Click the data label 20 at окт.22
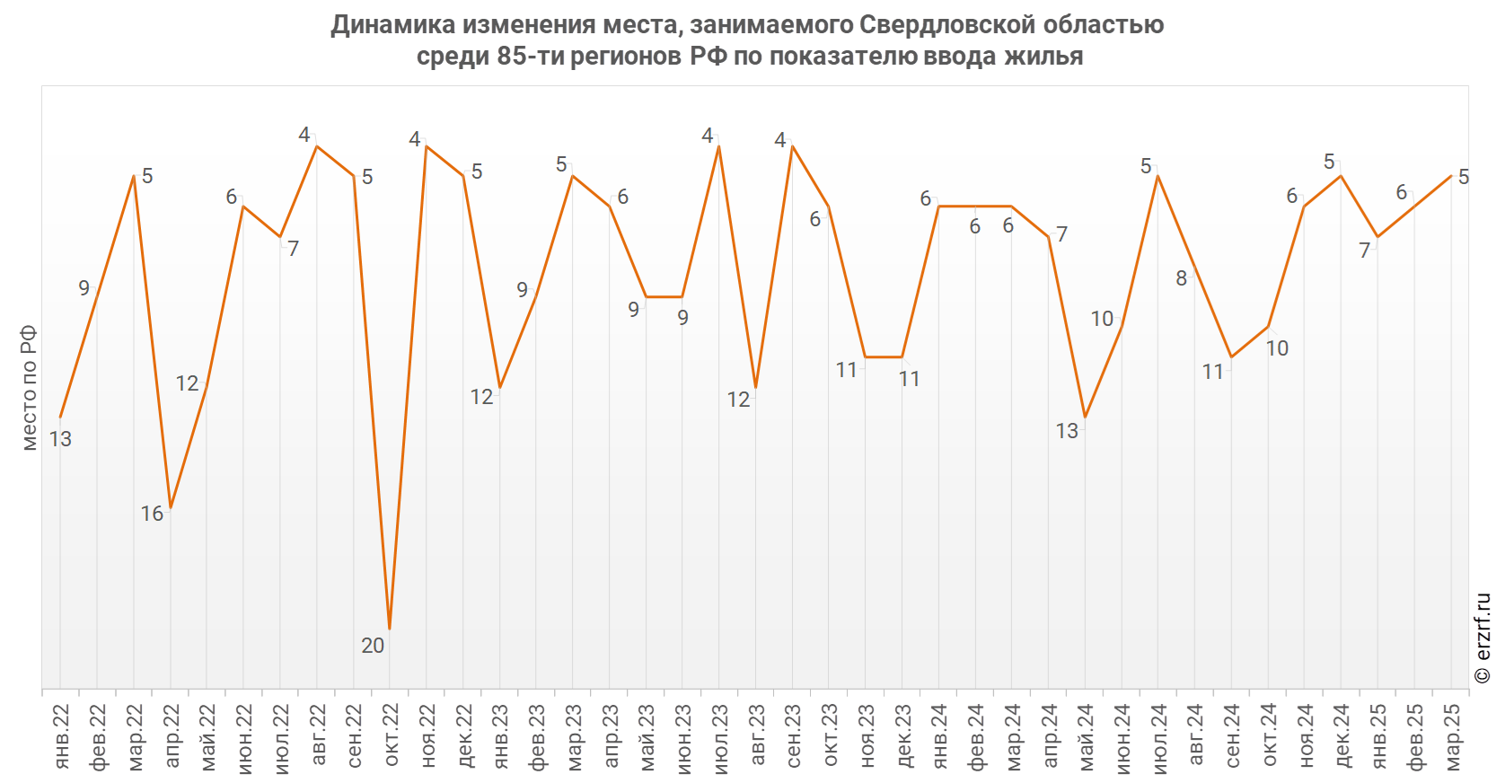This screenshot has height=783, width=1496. tap(373, 645)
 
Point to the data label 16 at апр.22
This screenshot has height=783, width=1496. tap(152, 514)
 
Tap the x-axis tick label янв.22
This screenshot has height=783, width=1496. tap(61, 736)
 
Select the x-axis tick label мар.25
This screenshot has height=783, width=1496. tap(1452, 736)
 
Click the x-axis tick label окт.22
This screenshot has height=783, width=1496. tap(391, 736)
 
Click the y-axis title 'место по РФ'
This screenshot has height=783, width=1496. tap(30, 388)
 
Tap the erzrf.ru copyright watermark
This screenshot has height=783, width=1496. tap(1483, 638)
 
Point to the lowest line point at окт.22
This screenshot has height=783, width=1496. tap(390, 629)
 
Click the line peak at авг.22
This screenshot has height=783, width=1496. tap(316, 145)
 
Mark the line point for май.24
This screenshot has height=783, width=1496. tap(1086, 418)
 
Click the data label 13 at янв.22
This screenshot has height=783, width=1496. tap(60, 439)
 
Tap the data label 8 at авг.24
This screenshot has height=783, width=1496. tap(1182, 278)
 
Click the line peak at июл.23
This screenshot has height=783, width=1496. tap(719, 145)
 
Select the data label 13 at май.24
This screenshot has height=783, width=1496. tap(1067, 431)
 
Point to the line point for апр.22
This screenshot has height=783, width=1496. tap(170, 509)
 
